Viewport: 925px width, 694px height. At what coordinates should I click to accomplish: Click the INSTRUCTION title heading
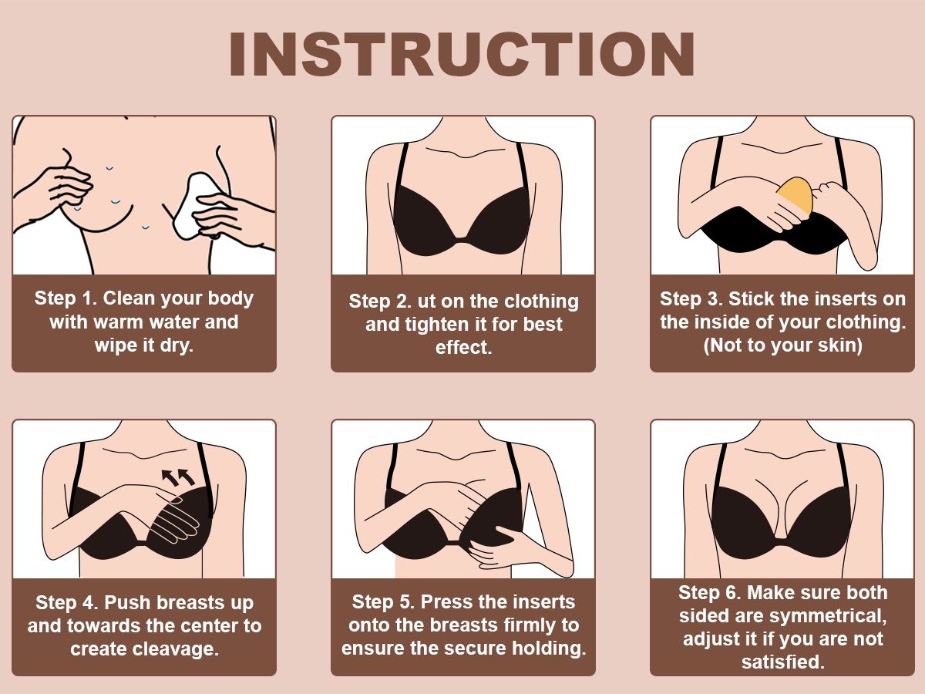pos(462,54)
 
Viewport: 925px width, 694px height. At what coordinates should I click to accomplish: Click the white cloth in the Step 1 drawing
pos(195,207)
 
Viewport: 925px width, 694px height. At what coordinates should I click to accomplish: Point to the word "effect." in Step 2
pos(463,348)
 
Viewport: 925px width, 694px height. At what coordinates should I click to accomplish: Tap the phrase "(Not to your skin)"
pos(782,345)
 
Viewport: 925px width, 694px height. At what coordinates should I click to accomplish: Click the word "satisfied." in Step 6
pos(782,662)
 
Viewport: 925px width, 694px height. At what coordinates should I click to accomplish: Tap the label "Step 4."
pos(66,602)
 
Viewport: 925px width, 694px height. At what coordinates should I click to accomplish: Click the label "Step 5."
pos(383,601)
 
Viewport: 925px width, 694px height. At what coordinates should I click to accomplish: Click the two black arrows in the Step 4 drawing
pos(178,477)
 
